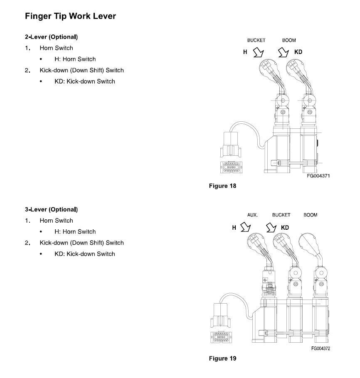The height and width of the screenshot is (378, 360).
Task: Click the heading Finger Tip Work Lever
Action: (70, 16)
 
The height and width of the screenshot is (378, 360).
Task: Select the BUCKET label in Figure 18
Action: (256, 40)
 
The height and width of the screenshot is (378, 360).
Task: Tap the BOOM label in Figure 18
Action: (289, 40)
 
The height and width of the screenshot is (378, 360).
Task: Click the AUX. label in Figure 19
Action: (252, 215)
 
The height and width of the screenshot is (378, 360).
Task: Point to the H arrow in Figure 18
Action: (259, 52)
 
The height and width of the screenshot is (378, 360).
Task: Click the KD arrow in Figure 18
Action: (283, 52)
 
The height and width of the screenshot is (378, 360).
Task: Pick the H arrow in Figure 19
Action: (246, 227)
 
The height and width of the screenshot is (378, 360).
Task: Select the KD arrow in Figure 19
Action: (271, 227)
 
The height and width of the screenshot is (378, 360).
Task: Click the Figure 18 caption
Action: (222, 186)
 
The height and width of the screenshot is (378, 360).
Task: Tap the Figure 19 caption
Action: (222, 358)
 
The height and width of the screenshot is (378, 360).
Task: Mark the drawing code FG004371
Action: (318, 176)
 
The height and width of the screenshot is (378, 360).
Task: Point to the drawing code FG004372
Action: (321, 349)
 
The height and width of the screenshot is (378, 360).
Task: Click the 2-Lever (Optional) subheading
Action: (52, 37)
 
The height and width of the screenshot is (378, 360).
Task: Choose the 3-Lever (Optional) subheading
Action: (52, 209)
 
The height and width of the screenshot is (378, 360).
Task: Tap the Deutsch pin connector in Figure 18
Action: (231, 167)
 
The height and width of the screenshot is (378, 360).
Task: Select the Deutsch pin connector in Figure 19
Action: (221, 337)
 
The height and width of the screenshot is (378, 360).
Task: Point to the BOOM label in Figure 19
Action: (310, 215)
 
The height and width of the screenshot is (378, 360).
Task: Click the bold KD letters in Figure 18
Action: (298, 52)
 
